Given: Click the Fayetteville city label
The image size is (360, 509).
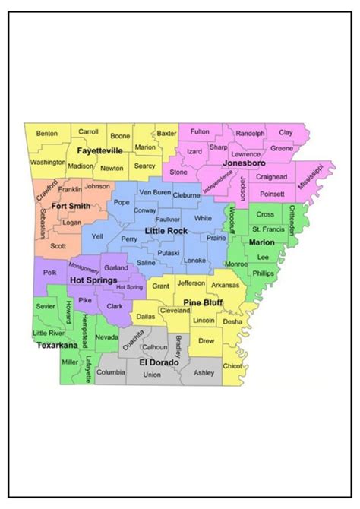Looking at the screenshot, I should (100, 151).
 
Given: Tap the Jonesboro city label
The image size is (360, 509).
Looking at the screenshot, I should (242, 163).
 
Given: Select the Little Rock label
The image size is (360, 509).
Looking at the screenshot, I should (168, 229).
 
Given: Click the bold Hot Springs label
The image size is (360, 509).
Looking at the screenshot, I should (93, 280).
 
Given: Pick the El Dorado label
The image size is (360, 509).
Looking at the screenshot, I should (158, 363).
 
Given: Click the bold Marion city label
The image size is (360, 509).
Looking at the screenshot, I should (261, 242).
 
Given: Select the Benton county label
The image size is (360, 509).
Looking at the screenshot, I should (47, 134).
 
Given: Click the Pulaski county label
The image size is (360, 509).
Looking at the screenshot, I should (169, 253).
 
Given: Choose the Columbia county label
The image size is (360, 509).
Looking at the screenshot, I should (111, 372).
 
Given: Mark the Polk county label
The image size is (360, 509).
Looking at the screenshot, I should (50, 271).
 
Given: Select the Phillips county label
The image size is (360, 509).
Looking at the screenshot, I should (263, 273).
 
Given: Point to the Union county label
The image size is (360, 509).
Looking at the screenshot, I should (152, 375).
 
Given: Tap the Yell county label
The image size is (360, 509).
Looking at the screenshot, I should (97, 236).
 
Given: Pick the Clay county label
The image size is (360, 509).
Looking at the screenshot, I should (286, 133).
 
